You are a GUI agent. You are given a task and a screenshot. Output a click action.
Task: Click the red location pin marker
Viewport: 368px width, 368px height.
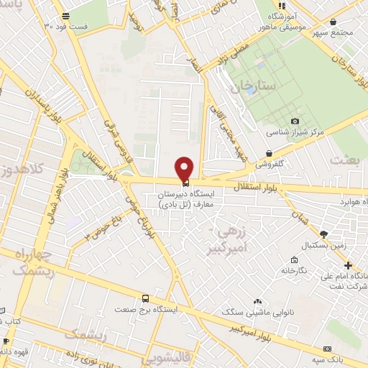click(x=185, y=168)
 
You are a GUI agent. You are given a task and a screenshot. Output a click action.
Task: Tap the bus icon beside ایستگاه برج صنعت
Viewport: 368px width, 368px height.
click(x=146, y=298)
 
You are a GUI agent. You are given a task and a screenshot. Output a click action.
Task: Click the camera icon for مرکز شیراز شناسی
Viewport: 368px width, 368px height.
click(x=295, y=121)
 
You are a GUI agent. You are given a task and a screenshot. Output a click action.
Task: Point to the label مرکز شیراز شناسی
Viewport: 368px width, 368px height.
click(x=295, y=132)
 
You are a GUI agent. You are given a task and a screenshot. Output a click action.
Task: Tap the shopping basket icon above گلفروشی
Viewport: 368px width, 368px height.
click(x=269, y=152)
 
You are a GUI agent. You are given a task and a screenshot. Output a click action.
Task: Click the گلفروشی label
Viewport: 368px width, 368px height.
click(x=270, y=164)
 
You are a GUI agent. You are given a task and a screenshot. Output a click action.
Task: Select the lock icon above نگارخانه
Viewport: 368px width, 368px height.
click(x=295, y=259)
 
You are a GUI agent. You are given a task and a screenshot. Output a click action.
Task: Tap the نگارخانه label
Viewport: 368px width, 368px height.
click(x=294, y=270)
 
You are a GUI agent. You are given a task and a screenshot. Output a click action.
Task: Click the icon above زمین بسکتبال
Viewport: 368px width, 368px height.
click(x=323, y=234)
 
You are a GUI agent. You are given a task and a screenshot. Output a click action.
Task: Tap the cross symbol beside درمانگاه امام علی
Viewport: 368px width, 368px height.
click(x=347, y=265)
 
